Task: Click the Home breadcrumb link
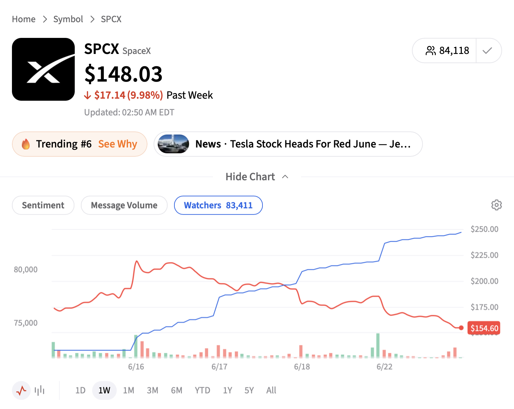click(x=24, y=19)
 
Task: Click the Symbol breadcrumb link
click(x=68, y=19)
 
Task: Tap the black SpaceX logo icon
click(x=43, y=69)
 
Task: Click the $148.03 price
click(x=124, y=74)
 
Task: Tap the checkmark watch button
click(x=487, y=51)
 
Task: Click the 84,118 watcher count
click(x=454, y=51)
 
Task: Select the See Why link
click(x=118, y=144)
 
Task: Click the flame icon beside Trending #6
click(x=26, y=144)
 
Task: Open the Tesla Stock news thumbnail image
click(x=173, y=144)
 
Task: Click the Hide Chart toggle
click(x=257, y=177)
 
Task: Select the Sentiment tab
click(x=43, y=205)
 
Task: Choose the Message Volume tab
click(x=124, y=205)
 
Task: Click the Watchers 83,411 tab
click(x=218, y=205)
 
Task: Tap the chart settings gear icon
click(x=497, y=205)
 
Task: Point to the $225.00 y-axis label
click(x=484, y=255)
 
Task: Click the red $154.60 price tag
click(x=484, y=328)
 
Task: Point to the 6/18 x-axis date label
click(x=302, y=367)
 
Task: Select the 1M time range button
click(x=128, y=390)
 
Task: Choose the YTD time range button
click(x=202, y=390)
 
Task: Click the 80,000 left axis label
click(x=26, y=269)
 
